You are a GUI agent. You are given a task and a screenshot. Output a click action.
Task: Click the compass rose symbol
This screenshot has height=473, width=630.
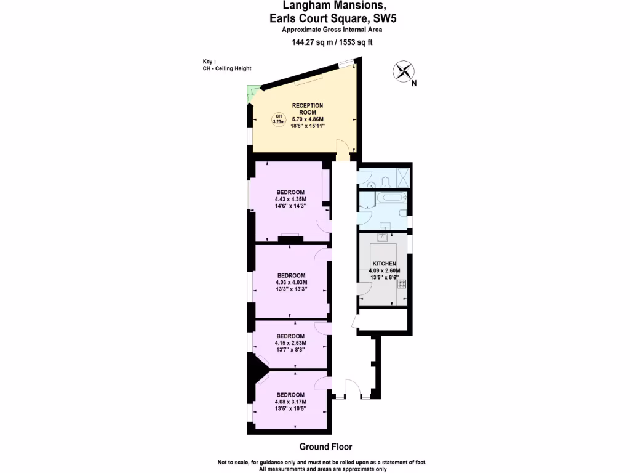[403, 71]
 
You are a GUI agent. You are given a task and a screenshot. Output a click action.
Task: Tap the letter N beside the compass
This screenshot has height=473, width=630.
[415, 84]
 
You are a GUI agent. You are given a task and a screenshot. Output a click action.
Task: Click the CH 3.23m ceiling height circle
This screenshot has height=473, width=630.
[278, 119]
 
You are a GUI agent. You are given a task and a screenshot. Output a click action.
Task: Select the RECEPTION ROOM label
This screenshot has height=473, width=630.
[308, 109]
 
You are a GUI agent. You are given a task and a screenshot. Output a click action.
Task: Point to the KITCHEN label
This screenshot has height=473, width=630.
[385, 264]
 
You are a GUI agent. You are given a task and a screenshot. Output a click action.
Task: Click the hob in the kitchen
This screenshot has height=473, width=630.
[402, 284]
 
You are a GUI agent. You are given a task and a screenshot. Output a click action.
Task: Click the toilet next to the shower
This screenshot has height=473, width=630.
[385, 181]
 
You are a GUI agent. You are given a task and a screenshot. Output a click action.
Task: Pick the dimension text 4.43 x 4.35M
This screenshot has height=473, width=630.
[291, 200]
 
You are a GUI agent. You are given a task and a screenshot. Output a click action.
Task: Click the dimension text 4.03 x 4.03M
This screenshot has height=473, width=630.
[291, 282]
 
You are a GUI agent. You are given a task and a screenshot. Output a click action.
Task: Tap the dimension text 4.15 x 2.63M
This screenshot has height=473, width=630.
[291, 342]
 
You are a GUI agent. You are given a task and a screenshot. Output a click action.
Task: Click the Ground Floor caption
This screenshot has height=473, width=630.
[326, 447]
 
